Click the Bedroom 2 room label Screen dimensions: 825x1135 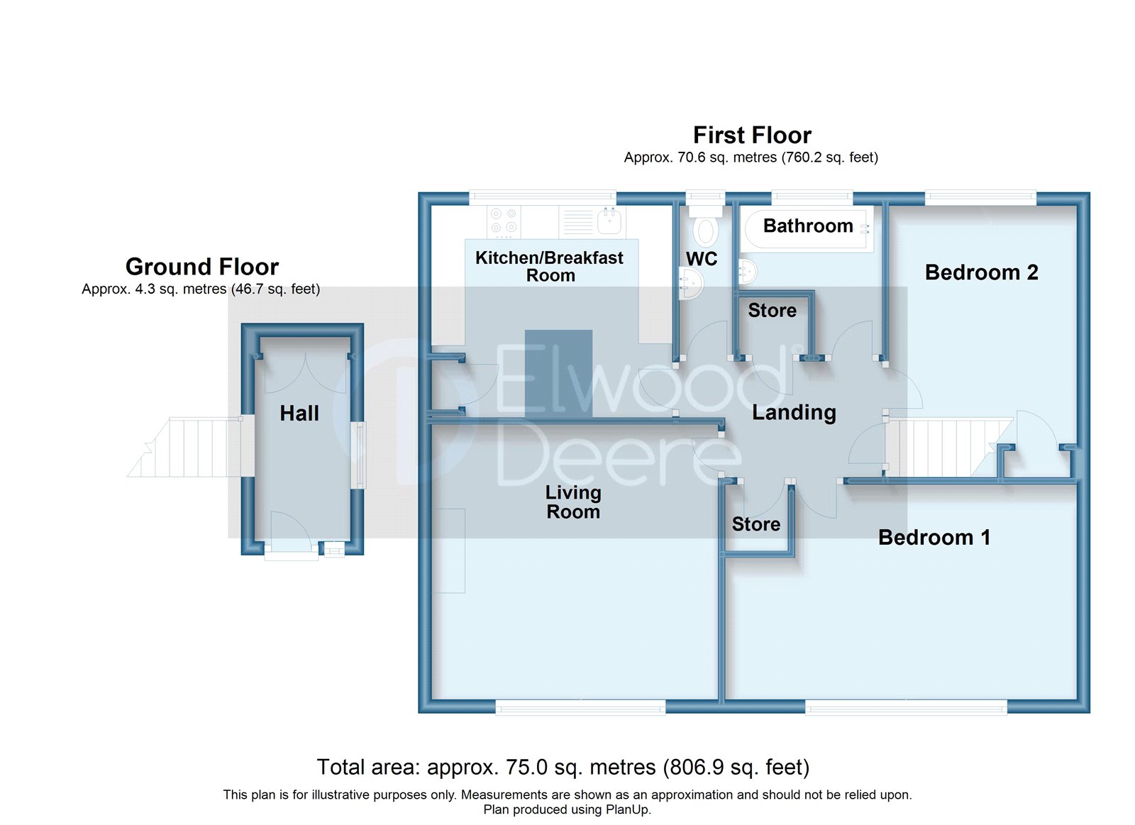pyautogui.click(x=981, y=272)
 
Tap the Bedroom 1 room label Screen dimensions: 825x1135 pyautogui.click(x=934, y=538)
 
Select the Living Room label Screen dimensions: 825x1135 pyautogui.click(x=573, y=502)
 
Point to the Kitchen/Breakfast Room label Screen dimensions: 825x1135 pyautogui.click(x=550, y=267)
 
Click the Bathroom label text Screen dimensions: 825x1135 pyautogui.click(x=808, y=226)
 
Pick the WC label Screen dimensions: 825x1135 pyautogui.click(x=702, y=259)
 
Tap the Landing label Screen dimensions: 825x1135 pyautogui.click(x=794, y=413)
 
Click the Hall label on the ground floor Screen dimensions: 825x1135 pyautogui.click(x=299, y=414)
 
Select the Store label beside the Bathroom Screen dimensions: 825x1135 pyautogui.click(x=772, y=311)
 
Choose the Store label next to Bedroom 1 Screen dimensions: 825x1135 pyautogui.click(x=756, y=524)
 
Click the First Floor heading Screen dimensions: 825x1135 pyautogui.click(x=752, y=135)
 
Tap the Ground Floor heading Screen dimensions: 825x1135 pyautogui.click(x=202, y=267)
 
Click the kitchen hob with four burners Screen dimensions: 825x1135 pyautogui.click(x=504, y=221)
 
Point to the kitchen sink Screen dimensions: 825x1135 pyautogui.click(x=609, y=221)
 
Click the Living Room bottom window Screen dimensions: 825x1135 pyautogui.click(x=580, y=707)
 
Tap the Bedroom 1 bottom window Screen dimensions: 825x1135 pyautogui.click(x=906, y=707)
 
